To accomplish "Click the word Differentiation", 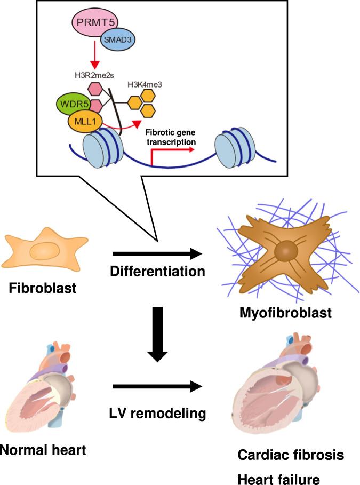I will click(x=157, y=271).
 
